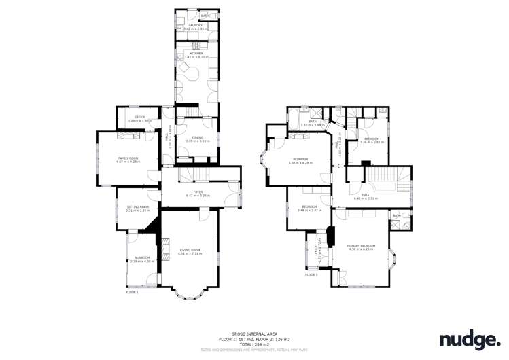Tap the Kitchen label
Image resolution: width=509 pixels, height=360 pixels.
pyautogui.click(x=196, y=53)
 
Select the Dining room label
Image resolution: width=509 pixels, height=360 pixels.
pyautogui.click(x=198, y=138)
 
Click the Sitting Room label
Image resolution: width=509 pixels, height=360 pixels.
pyautogui.click(x=137, y=206)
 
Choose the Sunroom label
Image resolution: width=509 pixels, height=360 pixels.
pyautogui.click(x=143, y=257)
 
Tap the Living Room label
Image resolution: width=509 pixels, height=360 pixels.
pyautogui.click(x=190, y=250)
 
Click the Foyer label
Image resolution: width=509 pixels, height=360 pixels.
pyautogui.click(x=199, y=192)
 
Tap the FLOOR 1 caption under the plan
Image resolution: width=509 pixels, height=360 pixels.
pyautogui.click(x=132, y=293)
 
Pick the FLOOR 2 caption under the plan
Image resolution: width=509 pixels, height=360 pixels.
pyautogui.click(x=311, y=275)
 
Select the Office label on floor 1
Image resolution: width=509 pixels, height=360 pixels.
pyautogui.click(x=140, y=117)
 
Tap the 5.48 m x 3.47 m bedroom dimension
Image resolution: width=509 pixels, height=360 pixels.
pyautogui.click(x=309, y=210)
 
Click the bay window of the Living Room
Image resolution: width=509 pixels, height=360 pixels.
pyautogui.click(x=187, y=293)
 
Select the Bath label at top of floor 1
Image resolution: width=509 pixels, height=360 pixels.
pyautogui.click(x=205, y=14)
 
